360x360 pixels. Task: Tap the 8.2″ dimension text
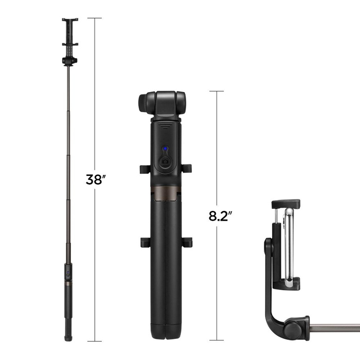[219, 215]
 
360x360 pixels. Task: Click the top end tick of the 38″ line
[94, 18]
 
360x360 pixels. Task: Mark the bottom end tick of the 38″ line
[94, 341]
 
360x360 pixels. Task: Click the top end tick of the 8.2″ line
[217, 91]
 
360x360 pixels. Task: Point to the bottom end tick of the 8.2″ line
[217, 340]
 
